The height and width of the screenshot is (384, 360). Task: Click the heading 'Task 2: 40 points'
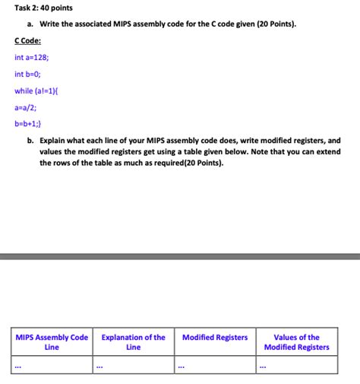click(40, 8)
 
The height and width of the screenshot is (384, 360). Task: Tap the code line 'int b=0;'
click(28, 75)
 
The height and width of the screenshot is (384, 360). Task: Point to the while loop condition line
click(36, 91)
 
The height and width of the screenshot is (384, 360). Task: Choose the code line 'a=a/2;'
click(26, 108)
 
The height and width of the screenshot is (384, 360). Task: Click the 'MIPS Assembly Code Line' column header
click(52, 342)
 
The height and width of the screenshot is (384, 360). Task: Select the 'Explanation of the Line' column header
click(133, 342)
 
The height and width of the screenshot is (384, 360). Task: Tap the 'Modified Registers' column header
click(215, 338)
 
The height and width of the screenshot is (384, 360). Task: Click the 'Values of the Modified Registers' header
click(296, 342)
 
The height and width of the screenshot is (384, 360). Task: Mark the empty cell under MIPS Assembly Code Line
click(52, 366)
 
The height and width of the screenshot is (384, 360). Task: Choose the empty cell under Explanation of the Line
click(133, 366)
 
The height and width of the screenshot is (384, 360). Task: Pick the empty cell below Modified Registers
click(215, 366)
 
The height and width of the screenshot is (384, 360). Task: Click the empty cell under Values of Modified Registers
click(296, 366)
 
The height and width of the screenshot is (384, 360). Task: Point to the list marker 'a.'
click(31, 24)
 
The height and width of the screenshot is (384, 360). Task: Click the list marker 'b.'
click(31, 141)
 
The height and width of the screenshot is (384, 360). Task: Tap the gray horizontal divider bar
click(180, 257)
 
